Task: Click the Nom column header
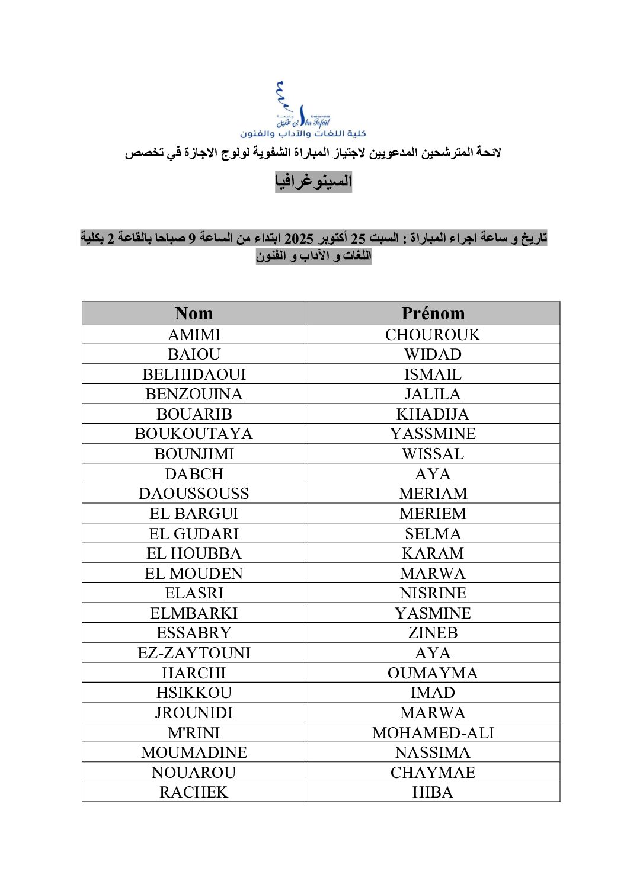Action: [194, 313]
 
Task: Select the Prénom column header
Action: [433, 313]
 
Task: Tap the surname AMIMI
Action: [194, 335]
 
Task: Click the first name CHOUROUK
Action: [433, 335]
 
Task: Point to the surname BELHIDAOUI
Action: [194, 374]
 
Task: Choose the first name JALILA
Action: [433, 394]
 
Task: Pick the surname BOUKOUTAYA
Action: [194, 434]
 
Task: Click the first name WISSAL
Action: [433, 454]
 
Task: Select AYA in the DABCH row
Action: [433, 474]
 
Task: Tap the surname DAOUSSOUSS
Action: [194, 494]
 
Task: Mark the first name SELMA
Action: [433, 534]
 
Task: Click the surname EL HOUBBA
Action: [194, 553]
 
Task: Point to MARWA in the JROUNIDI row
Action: [433, 713]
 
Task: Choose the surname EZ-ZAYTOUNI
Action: [194, 653]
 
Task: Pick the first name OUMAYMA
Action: [433, 673]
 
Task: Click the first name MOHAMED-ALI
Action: [433, 733]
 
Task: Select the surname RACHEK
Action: [194, 792]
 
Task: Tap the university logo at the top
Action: [303, 110]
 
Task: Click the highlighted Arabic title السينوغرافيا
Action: [313, 181]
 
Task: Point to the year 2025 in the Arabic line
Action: [299, 239]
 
